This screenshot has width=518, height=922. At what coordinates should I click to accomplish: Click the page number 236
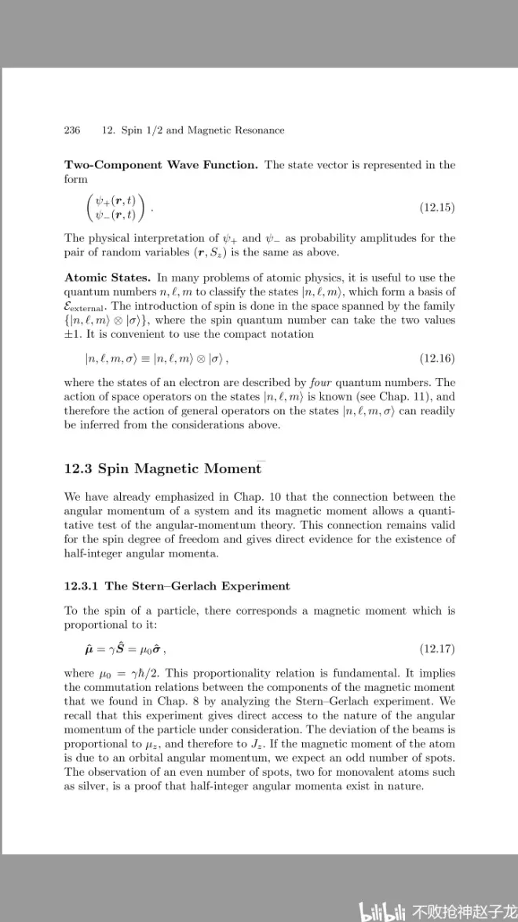point(72,130)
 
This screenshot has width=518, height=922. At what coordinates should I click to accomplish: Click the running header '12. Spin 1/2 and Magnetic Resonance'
point(193,130)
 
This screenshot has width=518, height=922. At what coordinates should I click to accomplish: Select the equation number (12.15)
point(437,208)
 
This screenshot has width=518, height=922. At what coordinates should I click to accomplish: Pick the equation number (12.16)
point(437,358)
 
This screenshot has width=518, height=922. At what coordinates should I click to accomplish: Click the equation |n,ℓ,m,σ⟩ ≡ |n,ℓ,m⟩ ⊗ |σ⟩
point(156,358)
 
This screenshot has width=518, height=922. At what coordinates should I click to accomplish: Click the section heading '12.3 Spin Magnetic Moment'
point(162,468)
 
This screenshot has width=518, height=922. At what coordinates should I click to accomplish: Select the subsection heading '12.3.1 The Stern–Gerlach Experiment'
point(177,586)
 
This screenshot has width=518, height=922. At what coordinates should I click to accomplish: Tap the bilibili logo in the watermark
point(383,911)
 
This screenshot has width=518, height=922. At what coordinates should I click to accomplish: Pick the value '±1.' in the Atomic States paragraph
point(74,334)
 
